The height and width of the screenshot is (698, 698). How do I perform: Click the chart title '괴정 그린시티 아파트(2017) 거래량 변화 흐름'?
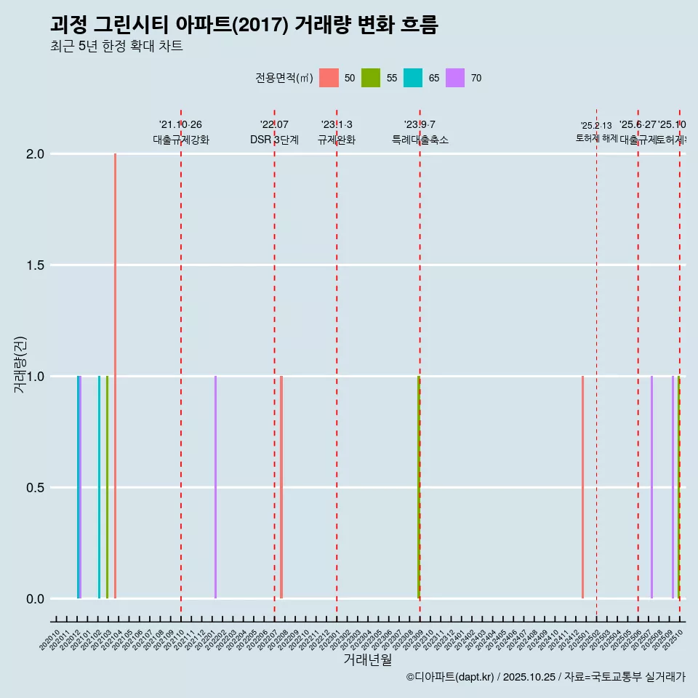coord(244,25)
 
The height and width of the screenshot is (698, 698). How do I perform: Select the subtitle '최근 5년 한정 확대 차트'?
coord(116,47)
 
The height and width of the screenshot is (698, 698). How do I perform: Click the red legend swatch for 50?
coord(329,78)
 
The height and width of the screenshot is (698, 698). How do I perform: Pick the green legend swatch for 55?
coord(371,78)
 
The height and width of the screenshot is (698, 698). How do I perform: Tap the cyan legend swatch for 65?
coord(413,78)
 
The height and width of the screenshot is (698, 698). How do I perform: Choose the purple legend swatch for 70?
coord(455,78)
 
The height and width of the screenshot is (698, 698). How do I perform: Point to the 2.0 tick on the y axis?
coord(36,154)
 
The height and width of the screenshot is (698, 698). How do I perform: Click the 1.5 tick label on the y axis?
coord(36,265)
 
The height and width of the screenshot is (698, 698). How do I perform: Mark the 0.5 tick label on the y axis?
coord(36,488)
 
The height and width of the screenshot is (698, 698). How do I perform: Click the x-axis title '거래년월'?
coord(367,659)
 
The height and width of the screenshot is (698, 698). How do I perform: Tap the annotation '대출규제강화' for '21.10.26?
coord(181,140)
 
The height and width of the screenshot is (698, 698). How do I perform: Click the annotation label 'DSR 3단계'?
coord(274,140)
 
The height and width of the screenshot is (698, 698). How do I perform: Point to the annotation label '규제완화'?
coord(337,140)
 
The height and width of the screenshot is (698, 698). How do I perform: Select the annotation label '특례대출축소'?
coord(420,140)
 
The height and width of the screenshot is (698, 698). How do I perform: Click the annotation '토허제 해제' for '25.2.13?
coord(596,137)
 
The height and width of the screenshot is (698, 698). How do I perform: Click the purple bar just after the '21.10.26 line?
coord(215,487)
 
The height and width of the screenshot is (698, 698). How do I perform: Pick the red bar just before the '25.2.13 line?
coord(582,487)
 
